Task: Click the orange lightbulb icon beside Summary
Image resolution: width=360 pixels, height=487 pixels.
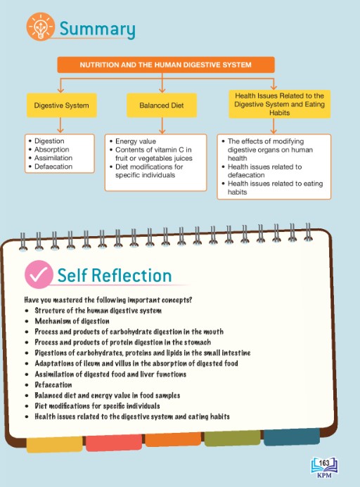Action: [40, 27]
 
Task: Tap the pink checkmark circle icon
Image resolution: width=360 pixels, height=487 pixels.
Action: [39, 275]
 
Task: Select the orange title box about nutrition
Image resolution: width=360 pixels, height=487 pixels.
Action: [166, 65]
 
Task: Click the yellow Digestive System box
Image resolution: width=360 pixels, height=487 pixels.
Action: [62, 105]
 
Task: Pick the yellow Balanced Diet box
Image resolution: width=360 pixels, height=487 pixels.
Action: [162, 105]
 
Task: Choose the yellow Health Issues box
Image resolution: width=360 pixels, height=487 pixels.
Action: [279, 104]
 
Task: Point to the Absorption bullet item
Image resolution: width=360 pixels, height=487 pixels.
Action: [51, 150]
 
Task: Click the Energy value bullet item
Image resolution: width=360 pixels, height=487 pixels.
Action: [136, 141]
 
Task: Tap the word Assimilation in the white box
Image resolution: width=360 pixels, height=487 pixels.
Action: [53, 158]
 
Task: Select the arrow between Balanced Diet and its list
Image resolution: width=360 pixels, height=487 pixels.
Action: [162, 126]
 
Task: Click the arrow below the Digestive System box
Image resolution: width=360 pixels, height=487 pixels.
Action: [60, 125]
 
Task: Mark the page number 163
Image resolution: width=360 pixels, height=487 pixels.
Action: [324, 463]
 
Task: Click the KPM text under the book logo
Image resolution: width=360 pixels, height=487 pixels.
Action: [324, 475]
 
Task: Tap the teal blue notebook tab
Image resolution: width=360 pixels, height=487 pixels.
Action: [292, 436]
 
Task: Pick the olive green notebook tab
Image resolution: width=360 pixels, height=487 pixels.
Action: [232, 438]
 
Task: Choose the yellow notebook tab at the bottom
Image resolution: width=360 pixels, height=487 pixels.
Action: [54, 444]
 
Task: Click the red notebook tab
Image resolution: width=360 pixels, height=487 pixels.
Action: [114, 442]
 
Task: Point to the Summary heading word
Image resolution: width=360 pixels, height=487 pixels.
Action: [97, 29]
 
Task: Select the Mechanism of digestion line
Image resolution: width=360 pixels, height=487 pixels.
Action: [72, 321]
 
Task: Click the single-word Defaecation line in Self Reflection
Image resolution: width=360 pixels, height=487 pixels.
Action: [53, 385]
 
